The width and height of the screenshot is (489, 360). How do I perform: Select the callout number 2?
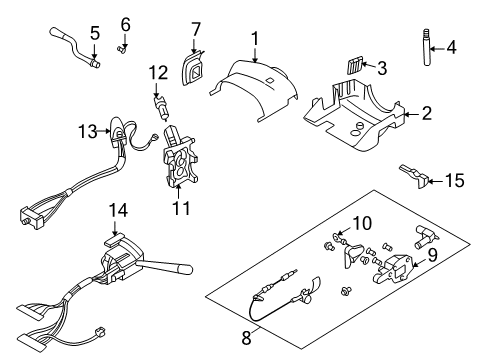[425, 114]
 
